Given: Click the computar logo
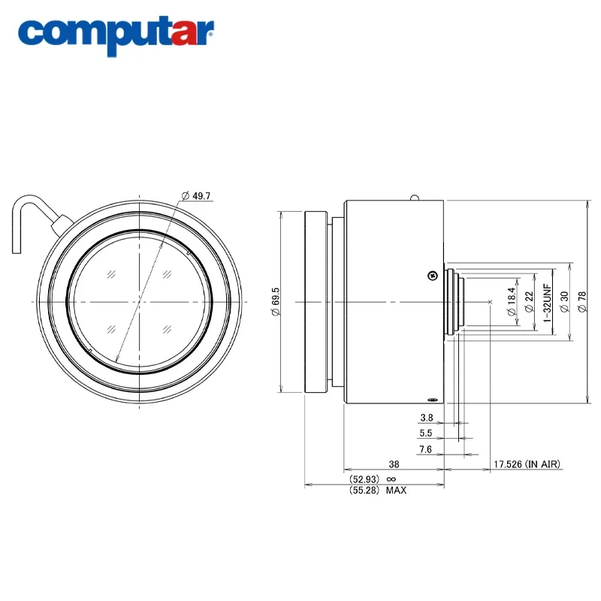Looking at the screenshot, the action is [x=116, y=35].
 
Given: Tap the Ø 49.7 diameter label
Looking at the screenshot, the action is [x=196, y=196].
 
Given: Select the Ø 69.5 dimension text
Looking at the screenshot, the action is [x=276, y=302].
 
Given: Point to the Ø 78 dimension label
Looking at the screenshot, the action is [x=582, y=302].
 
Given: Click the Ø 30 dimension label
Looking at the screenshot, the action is [x=565, y=302].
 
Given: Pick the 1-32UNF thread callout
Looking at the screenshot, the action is [x=548, y=303].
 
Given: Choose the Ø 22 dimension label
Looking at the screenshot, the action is [x=530, y=302].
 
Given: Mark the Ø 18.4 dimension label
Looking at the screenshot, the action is [x=512, y=302].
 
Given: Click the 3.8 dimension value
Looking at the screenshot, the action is [x=426, y=418].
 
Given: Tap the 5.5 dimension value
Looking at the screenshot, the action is [x=425, y=433].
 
